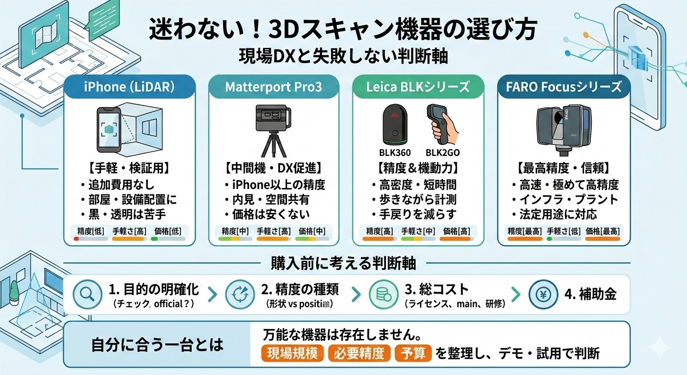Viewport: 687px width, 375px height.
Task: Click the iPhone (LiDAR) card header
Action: (x=130, y=87)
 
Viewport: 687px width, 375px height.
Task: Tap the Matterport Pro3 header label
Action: (x=273, y=87)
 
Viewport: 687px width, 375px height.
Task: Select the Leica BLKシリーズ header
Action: (x=418, y=87)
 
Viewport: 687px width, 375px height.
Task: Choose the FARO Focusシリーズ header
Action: (x=563, y=87)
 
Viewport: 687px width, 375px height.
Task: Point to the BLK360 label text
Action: (x=395, y=153)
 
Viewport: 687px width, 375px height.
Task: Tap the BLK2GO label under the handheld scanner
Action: (x=443, y=153)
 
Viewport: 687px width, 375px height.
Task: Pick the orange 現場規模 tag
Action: (x=293, y=354)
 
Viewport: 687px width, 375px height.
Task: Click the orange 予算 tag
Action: (x=413, y=354)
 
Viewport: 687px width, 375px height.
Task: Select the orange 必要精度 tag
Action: (x=360, y=354)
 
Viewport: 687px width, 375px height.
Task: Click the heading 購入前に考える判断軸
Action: (x=343, y=264)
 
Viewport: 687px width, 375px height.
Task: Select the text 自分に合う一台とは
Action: (x=157, y=345)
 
